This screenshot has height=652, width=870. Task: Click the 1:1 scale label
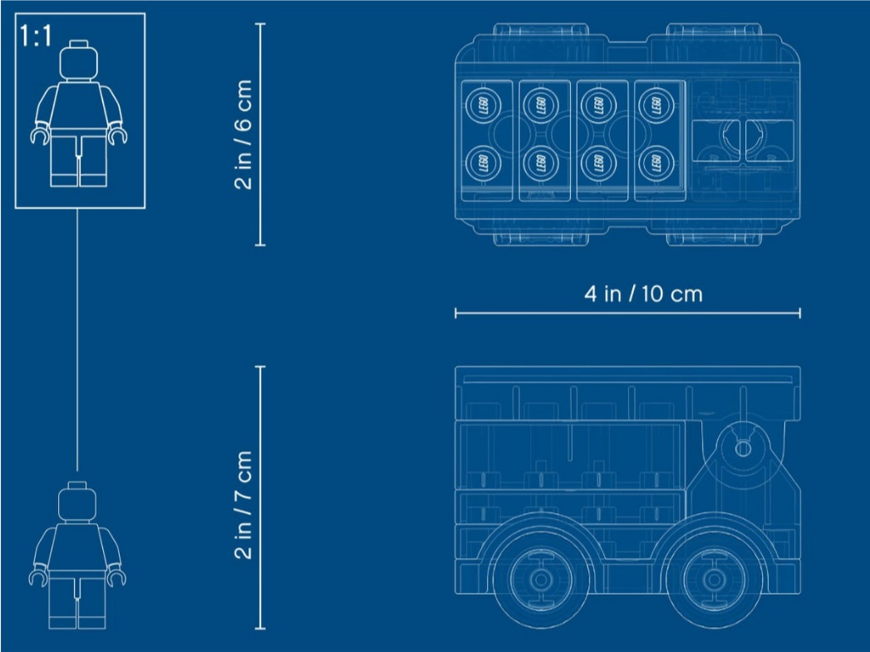pos(36,36)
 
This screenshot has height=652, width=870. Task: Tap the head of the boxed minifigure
pos(78,61)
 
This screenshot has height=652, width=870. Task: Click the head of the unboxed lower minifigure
pos(77,502)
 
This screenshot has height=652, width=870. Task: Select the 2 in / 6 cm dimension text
pos(243,134)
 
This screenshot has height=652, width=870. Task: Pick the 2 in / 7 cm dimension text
pos(243,504)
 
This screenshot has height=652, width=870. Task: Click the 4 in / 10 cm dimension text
pos(643,294)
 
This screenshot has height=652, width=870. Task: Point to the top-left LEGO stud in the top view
pos(483,105)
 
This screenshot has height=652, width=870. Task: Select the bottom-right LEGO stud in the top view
pos(656,163)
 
